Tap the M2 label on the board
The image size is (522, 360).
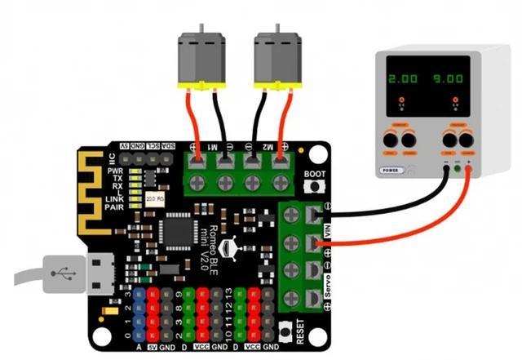[268, 146]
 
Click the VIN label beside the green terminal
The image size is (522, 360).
[328, 232]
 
